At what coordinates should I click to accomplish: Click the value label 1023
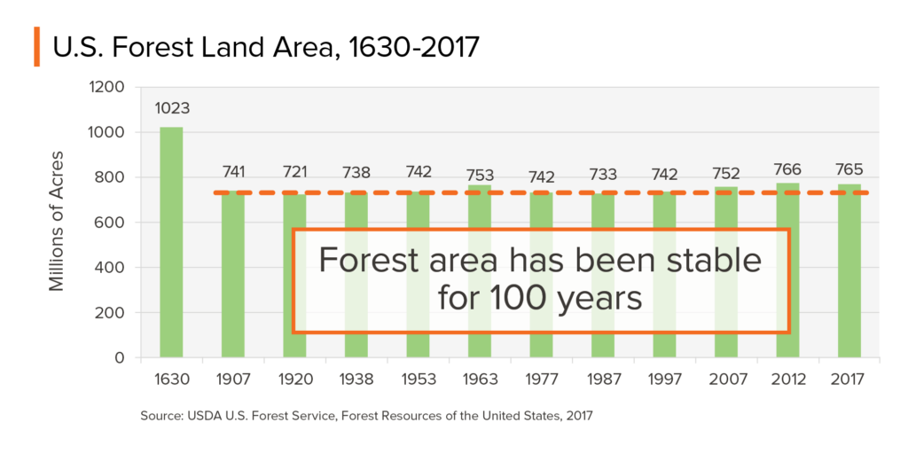point(171,109)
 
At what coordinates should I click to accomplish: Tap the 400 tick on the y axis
point(112,268)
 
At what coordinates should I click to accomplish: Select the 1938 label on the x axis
point(356,380)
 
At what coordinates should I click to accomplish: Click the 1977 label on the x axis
point(541,380)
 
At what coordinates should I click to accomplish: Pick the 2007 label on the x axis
point(725,380)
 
